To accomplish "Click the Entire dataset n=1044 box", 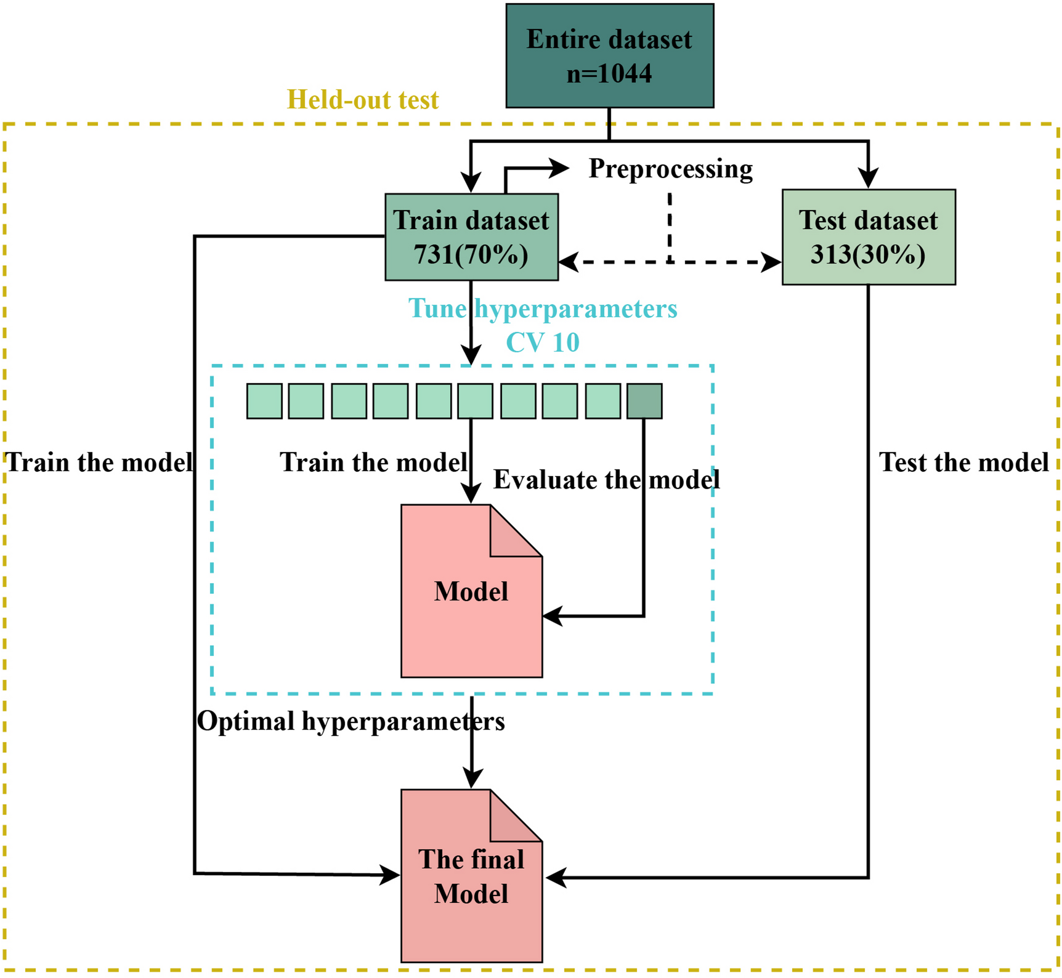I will click(609, 55).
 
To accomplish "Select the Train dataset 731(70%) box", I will click(471, 237).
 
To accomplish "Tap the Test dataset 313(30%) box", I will click(868, 237).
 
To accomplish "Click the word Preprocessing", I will click(670, 169).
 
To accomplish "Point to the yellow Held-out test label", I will click(363, 100).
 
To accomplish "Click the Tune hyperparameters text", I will click(542, 309).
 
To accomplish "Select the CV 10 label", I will click(542, 342).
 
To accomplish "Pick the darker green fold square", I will click(644, 401).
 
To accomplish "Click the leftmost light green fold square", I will click(264, 401).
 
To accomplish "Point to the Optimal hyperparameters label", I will click(351, 721).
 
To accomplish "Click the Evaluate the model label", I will click(606, 480).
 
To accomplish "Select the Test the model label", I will click(963, 463).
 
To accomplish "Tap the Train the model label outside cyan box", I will click(99, 463).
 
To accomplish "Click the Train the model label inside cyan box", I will click(373, 463).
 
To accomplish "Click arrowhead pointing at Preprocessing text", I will click(560, 168).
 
